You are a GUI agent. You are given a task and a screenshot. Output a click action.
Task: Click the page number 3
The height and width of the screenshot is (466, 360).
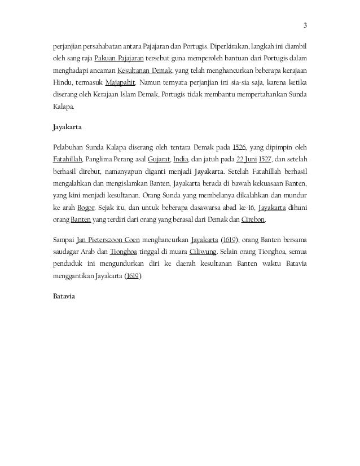tap(305, 25)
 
